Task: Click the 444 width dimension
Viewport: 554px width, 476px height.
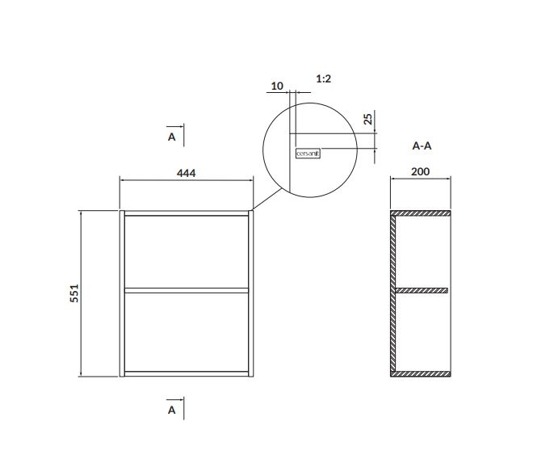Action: (187, 173)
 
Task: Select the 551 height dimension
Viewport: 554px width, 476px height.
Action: (74, 293)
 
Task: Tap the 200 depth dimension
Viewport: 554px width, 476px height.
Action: (421, 172)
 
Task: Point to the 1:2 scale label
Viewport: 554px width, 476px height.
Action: (324, 79)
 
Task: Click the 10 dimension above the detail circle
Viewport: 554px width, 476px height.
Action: (277, 86)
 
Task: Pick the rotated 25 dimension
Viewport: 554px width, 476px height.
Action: (367, 119)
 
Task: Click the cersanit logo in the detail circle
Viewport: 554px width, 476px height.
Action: (308, 154)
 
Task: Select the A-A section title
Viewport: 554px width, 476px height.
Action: (422, 145)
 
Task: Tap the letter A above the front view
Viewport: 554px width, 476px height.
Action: (172, 137)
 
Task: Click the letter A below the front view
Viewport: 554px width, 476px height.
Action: (172, 410)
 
